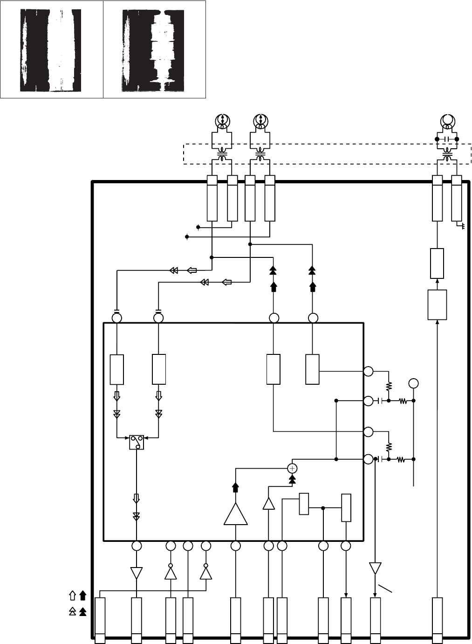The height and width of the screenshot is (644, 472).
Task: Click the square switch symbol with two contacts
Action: click(x=137, y=443)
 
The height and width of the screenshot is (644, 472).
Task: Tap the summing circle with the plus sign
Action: click(x=293, y=468)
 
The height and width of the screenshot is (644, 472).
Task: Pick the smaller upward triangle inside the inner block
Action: click(x=268, y=504)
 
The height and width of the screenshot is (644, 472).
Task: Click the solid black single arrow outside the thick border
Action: click(x=83, y=595)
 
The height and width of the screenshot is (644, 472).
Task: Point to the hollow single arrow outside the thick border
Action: click(x=72, y=595)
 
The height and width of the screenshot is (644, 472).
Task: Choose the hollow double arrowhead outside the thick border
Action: click(x=72, y=612)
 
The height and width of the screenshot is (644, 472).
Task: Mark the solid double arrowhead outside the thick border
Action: click(x=83, y=612)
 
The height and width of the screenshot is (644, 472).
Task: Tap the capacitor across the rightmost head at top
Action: click(x=447, y=139)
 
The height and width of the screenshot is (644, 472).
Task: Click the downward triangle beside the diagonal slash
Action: click(x=375, y=568)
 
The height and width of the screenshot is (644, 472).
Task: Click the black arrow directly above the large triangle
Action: click(x=235, y=488)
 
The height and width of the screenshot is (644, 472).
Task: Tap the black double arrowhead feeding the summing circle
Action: click(x=293, y=479)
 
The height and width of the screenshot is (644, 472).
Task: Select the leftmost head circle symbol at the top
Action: click(x=223, y=121)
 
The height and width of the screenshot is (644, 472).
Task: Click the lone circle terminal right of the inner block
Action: click(x=413, y=384)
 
